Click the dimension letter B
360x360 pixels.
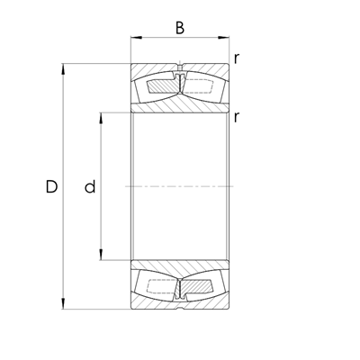(x=180, y=28)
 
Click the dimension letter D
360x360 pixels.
(x=51, y=186)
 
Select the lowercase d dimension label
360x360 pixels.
(x=90, y=186)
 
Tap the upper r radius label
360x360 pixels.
(x=237, y=58)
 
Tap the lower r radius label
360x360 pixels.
(x=237, y=117)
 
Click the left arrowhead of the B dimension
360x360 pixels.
(x=136, y=38)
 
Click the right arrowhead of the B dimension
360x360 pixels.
(x=223, y=38)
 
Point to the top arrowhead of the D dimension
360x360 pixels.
(x=63, y=68)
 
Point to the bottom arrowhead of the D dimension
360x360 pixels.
(x=63, y=303)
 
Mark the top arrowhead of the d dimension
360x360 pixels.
(x=101, y=118)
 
